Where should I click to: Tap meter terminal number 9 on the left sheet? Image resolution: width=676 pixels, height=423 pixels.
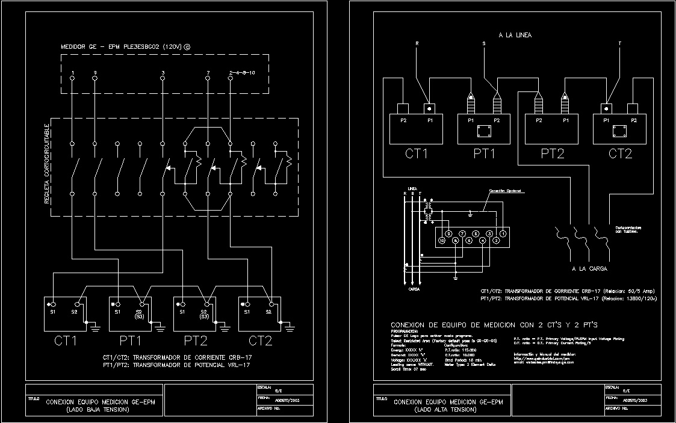(x=95, y=73)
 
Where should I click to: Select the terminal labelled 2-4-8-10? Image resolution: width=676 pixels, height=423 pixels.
(x=243, y=73)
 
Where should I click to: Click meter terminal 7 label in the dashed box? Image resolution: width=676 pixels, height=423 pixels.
(x=208, y=73)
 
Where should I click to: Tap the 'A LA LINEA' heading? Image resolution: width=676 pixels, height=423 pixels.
(x=515, y=36)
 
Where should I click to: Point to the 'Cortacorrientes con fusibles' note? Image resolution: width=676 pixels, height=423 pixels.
(x=627, y=229)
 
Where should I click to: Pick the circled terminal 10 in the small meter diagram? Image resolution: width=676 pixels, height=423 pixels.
(x=442, y=241)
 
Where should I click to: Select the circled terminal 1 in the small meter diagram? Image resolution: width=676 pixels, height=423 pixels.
(x=503, y=232)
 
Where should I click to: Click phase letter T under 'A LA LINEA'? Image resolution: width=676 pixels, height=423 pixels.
(x=620, y=43)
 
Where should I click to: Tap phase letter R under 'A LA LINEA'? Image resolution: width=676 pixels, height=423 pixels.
(x=417, y=43)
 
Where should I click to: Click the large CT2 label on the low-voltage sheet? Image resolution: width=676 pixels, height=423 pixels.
(x=260, y=341)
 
